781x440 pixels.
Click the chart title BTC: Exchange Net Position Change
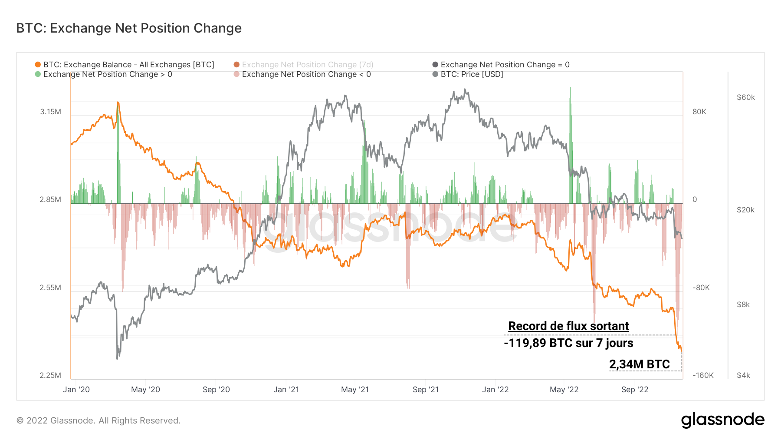tap(129, 28)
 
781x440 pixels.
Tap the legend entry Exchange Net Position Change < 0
tap(306, 74)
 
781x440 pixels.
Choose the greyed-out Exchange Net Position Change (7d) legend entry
tap(307, 65)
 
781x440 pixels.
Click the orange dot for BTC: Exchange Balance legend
tap(38, 65)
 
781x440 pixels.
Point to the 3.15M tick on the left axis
tap(50, 112)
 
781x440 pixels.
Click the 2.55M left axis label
tap(50, 288)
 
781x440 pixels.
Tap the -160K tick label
tap(703, 375)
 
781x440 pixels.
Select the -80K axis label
tap(701, 288)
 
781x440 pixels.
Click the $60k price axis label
tap(745, 97)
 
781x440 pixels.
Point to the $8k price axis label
tap(743, 304)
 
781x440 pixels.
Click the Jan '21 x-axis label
tap(286, 390)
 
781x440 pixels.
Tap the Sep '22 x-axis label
tap(634, 390)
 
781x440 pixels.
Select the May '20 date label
tap(145, 390)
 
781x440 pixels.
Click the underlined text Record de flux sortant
tap(568, 326)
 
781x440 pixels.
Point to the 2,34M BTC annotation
tap(639, 364)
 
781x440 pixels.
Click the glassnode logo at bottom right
tap(722, 420)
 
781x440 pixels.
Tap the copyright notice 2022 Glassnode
tap(98, 420)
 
